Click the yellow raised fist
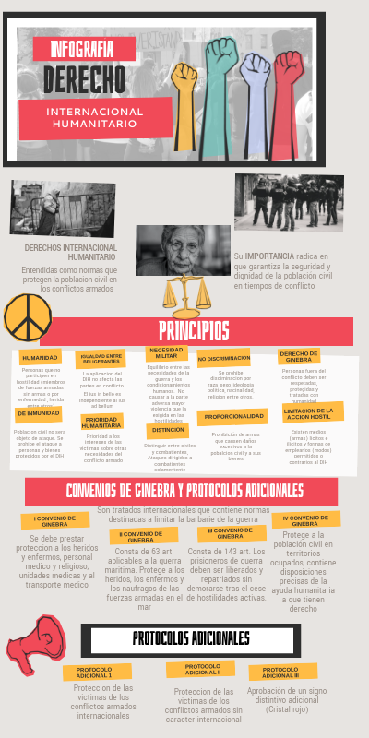tap(185, 88)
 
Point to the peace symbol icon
tap(27, 316)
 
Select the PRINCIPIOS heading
tap(194, 331)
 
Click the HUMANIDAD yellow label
tap(41, 357)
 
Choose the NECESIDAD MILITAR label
tap(166, 352)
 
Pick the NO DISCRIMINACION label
tap(223, 358)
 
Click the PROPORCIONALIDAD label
tap(234, 416)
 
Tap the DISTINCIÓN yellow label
tap(167, 430)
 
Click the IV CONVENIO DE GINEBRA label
tap(304, 520)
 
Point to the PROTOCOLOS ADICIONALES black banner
tap(191, 638)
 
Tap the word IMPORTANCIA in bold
tap(271, 256)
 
